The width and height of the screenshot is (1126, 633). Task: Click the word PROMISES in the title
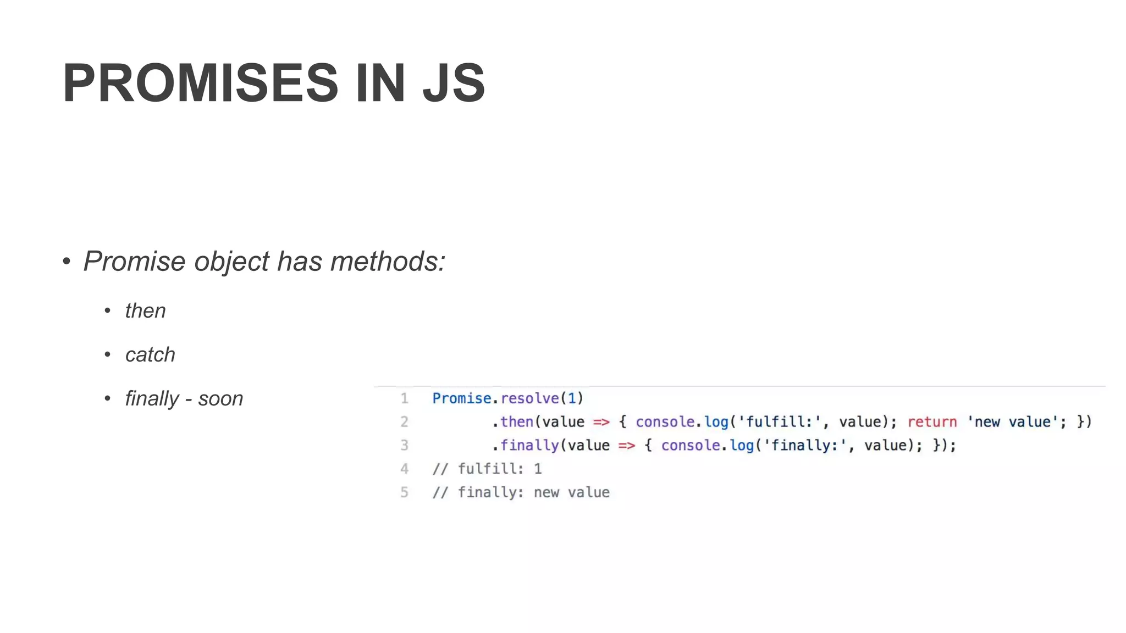click(x=200, y=83)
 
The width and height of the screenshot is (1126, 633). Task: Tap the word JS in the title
click(x=454, y=83)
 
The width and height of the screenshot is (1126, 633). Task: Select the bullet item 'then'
click(x=145, y=311)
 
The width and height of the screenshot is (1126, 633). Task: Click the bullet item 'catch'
click(x=150, y=355)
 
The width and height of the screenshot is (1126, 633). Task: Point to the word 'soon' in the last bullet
click(x=220, y=399)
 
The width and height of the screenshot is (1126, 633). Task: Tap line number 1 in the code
click(x=404, y=398)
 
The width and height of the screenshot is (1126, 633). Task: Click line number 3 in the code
click(x=404, y=445)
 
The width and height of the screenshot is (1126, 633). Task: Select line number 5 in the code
click(x=404, y=492)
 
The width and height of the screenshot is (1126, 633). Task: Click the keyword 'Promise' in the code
click(x=461, y=398)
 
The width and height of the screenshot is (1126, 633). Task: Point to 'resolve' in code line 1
click(x=529, y=398)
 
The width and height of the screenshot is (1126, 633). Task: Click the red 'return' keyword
click(x=932, y=422)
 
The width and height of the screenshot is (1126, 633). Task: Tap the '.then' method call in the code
click(x=513, y=422)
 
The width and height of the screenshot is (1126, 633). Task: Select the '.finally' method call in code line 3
click(x=526, y=445)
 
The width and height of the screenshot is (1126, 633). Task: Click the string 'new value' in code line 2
click(x=1012, y=422)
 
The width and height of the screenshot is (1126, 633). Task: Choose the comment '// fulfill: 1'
click(x=487, y=469)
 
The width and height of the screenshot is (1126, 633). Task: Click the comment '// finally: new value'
click(x=521, y=492)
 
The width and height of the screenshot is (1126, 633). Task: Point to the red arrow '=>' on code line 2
click(x=601, y=422)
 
